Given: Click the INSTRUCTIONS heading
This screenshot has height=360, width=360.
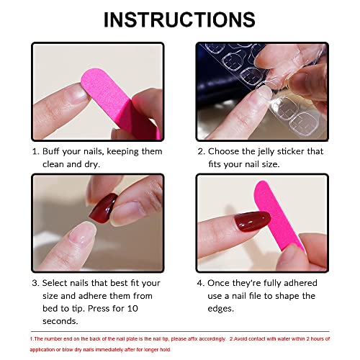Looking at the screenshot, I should click(179, 19).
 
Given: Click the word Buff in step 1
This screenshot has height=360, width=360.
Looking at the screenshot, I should click(53, 152).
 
